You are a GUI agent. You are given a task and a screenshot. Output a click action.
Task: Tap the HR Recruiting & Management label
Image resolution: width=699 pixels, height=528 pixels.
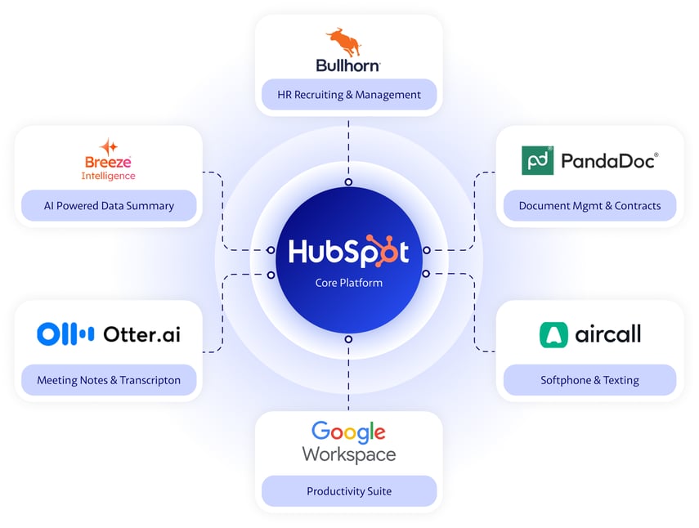[349, 95]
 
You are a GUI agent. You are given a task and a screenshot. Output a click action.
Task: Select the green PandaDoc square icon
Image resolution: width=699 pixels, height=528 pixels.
[537, 160]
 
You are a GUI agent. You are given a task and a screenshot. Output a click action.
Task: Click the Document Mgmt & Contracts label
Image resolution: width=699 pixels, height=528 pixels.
[589, 206]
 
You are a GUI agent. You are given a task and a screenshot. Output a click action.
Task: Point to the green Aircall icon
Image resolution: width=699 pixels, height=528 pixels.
[553, 335]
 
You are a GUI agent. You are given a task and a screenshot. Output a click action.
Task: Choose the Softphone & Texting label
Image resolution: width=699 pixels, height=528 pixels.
[589, 380]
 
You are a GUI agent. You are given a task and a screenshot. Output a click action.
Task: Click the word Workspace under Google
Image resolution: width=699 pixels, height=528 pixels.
[349, 454]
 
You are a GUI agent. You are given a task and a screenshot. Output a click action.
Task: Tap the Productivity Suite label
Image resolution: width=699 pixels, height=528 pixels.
[349, 491]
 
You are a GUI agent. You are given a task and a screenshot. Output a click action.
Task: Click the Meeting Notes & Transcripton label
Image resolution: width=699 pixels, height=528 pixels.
[109, 380]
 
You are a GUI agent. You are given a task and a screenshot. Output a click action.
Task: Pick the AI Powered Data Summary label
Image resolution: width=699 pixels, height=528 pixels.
[109, 206]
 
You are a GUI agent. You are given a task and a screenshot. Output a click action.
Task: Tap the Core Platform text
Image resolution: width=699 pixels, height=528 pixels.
[349, 283]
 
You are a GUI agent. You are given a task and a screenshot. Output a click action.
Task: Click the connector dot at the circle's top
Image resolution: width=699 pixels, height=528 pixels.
[348, 181]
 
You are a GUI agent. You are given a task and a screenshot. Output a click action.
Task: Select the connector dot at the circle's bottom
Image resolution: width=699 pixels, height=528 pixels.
[348, 338]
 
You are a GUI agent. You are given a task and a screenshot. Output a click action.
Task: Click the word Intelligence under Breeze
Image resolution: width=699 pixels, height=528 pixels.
[109, 176]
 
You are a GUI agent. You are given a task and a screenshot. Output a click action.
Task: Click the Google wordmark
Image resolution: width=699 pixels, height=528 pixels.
[348, 432]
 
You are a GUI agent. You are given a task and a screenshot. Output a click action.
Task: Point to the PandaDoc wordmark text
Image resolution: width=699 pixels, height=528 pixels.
[609, 161]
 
